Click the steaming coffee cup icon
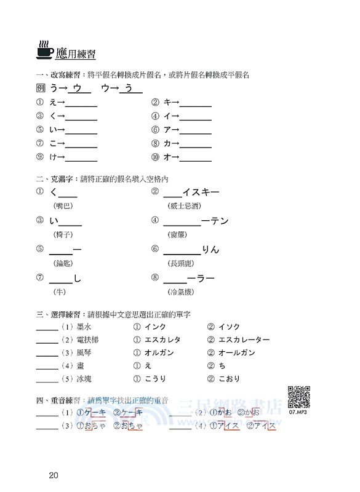(45, 51)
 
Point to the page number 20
(53, 475)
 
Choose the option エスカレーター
(244, 339)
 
